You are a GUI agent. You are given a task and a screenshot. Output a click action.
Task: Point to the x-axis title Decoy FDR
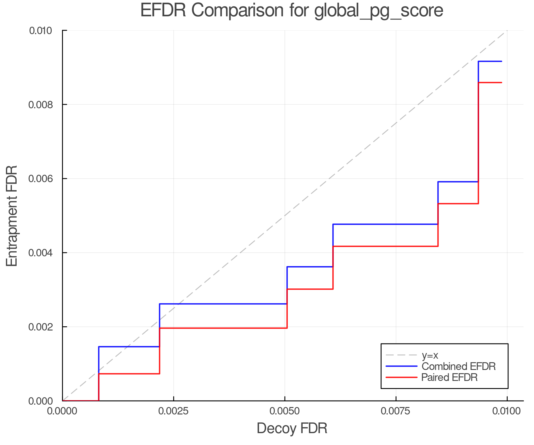pyautogui.click(x=292, y=428)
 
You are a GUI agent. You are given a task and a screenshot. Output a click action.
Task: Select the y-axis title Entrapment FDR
pyautogui.click(x=12, y=216)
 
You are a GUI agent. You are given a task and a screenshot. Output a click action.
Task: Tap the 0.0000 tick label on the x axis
pyautogui.click(x=62, y=411)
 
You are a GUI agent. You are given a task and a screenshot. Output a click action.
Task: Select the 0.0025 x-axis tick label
pyautogui.click(x=174, y=411)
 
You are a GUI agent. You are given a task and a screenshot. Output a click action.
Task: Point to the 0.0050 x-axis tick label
pyautogui.click(x=285, y=411)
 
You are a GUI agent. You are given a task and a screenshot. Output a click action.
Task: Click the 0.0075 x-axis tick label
pyautogui.click(x=396, y=411)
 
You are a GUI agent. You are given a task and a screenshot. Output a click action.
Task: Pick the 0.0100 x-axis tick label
pyautogui.click(x=507, y=411)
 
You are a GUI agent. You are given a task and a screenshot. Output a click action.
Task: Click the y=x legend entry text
pyautogui.click(x=430, y=355)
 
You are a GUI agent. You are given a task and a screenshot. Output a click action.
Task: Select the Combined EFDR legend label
pyautogui.click(x=458, y=366)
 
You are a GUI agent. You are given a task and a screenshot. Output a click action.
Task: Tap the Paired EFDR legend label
pyautogui.click(x=449, y=377)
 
